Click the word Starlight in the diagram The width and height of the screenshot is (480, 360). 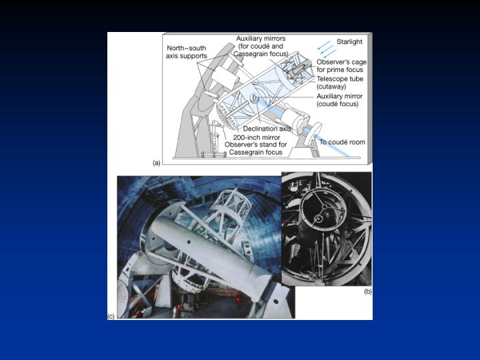349,41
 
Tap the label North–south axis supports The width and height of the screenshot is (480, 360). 186,52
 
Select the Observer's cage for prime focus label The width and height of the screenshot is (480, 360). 341,66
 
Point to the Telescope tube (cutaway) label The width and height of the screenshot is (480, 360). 340,83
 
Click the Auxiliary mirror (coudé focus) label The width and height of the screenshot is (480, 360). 339,100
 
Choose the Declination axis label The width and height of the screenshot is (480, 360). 267,129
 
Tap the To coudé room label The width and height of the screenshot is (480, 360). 342,142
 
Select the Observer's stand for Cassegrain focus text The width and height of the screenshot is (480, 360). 255,149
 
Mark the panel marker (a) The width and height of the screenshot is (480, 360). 157,163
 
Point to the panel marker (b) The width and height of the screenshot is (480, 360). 367,291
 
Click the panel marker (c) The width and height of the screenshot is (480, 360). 111,316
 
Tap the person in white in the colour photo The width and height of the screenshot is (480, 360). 175,311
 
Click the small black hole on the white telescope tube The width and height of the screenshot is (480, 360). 189,242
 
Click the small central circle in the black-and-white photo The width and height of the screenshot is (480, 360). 319,219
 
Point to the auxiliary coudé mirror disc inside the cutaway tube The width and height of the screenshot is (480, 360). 254,98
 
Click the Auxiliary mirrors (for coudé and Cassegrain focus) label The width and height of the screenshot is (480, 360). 261,46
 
